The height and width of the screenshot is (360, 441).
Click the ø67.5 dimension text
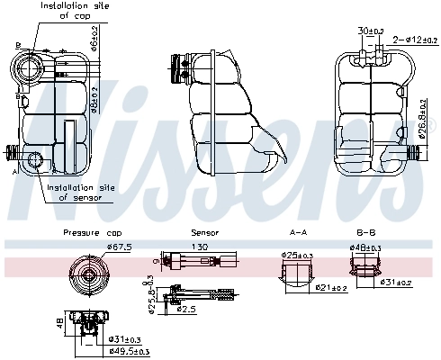pos(119,246)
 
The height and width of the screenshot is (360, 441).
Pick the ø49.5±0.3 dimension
pos(128,352)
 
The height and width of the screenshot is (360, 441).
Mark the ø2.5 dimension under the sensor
pos(186,309)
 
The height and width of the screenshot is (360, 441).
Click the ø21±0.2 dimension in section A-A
pos(333,288)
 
